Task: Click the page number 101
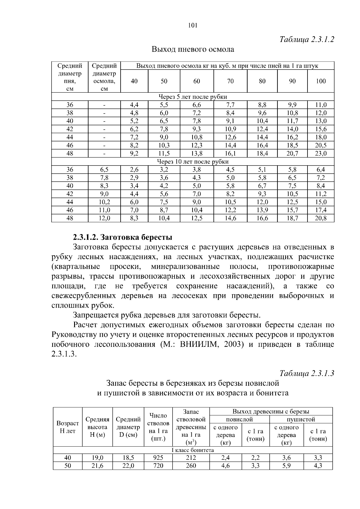click(x=192, y=25)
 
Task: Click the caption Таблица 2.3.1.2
click(x=307, y=39)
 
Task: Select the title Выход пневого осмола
click(x=193, y=49)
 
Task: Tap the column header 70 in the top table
click(x=230, y=81)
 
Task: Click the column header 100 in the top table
click(x=321, y=81)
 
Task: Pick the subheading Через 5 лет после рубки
click(x=193, y=97)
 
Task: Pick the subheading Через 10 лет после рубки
click(x=193, y=162)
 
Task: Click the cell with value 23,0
click(x=321, y=154)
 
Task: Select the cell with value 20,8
click(x=321, y=218)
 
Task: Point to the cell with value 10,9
click(x=230, y=129)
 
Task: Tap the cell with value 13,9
click(x=262, y=210)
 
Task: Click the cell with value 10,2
click(x=104, y=202)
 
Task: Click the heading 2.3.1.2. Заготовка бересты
click(x=122, y=238)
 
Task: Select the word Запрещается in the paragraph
click(x=96, y=315)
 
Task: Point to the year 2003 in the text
click(x=232, y=344)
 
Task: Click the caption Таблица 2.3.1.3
click(x=307, y=373)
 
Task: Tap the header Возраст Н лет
click(x=68, y=427)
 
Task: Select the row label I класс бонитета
click(x=193, y=450)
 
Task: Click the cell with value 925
click(x=158, y=458)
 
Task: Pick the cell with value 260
click(x=191, y=466)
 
